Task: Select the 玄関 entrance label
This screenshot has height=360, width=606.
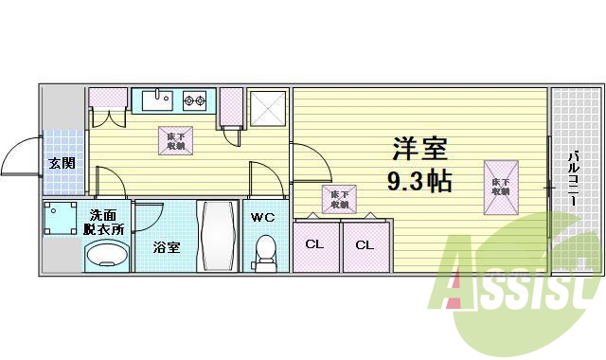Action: point(62,163)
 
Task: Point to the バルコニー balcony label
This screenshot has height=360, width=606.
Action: point(574,179)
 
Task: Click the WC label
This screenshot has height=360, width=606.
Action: point(262,217)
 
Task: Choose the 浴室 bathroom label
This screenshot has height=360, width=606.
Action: point(167,247)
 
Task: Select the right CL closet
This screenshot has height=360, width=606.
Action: point(365,244)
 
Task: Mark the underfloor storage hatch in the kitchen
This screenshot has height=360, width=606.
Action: point(176,141)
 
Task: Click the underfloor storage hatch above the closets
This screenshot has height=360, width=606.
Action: point(336,198)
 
